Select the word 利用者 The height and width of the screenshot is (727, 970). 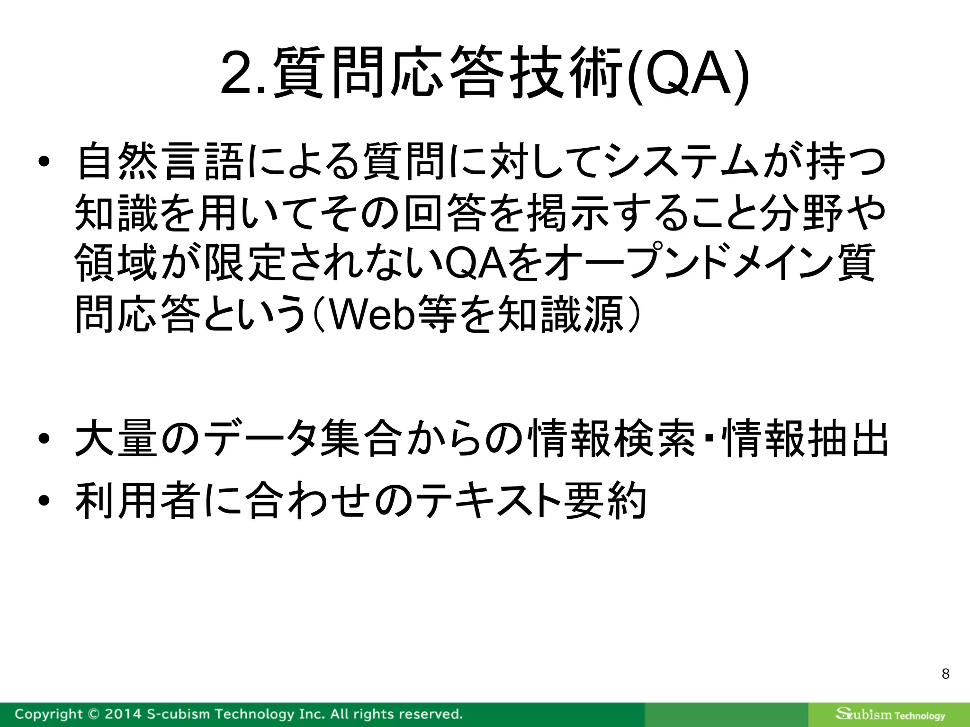(137, 500)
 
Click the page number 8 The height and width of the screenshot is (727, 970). (945, 674)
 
